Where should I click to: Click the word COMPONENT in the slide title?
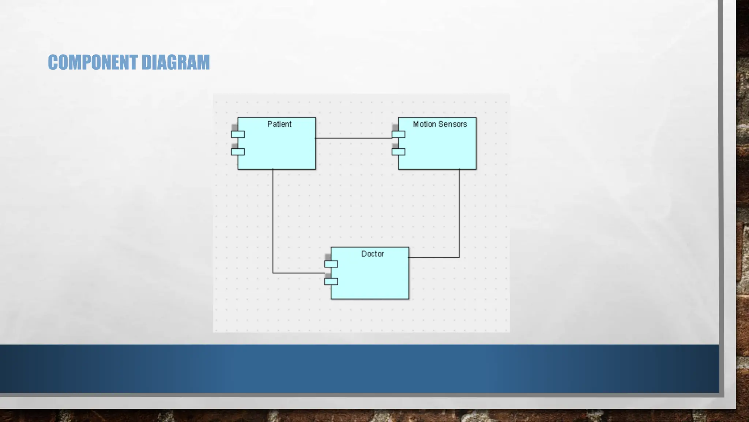coord(93,62)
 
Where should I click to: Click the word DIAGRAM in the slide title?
coord(176,62)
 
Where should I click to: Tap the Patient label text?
coord(279,124)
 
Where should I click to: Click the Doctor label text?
coord(372,254)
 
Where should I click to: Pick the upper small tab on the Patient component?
coord(238,134)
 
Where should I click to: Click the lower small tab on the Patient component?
coord(238,152)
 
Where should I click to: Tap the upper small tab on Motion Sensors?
coord(398,134)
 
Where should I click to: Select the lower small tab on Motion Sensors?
coord(398,152)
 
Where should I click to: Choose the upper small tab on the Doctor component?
coord(331,264)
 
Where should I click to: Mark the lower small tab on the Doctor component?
coord(331,281)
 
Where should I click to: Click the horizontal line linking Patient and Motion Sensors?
coord(353,138)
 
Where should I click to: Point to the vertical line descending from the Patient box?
coord(273,220)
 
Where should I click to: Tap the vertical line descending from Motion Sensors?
coord(459,212)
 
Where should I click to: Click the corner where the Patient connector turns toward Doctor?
coord(273,273)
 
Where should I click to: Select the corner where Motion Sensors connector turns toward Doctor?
coord(459,258)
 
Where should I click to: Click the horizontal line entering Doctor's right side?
coord(434,258)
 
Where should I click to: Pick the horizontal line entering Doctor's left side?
coord(298,273)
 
